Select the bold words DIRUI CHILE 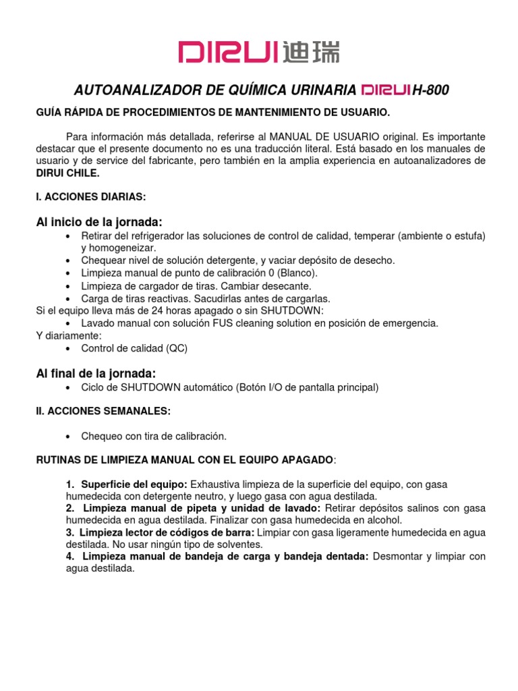[x=67, y=173]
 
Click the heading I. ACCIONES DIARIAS [x=90, y=196]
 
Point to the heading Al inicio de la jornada [x=99, y=222]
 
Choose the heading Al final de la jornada [x=96, y=373]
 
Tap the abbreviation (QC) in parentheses [x=176, y=348]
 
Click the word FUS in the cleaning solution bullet [x=214, y=323]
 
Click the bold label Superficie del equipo [x=135, y=485]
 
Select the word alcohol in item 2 [x=384, y=520]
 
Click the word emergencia [x=407, y=323]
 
